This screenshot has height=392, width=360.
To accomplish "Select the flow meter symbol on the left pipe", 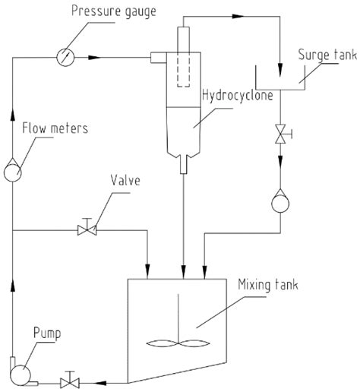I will pos(13,171).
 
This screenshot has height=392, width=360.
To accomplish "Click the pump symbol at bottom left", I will pos(21,371).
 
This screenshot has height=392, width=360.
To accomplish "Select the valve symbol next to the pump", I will pos(71,376).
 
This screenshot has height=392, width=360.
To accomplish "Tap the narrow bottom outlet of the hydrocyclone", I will pos(182,164).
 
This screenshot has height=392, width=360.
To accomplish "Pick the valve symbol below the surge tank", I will pos(282,134).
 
